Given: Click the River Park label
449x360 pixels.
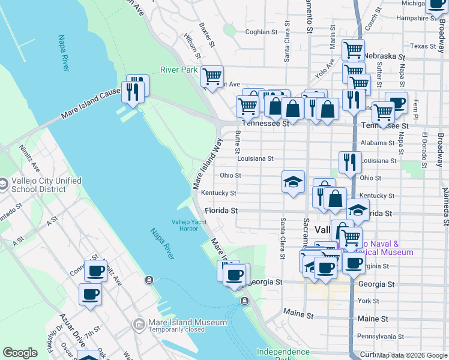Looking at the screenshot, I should (179, 70).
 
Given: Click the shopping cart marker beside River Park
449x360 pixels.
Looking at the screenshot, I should (212, 77).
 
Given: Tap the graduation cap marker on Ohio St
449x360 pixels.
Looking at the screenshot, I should (293, 182).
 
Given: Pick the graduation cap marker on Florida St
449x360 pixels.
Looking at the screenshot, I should (358, 211).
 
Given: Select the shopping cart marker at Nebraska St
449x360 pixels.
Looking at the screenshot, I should (353, 50).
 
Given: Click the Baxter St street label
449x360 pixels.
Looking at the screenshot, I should (207, 35).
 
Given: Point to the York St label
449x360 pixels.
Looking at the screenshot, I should (367, 301).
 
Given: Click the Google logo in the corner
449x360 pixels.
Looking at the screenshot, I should (20, 353).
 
